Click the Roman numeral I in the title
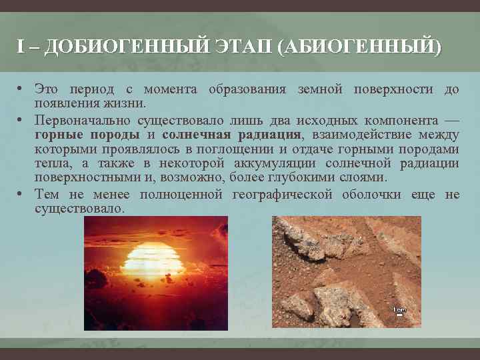[21, 49]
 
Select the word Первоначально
[83, 121]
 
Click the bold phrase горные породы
[87, 135]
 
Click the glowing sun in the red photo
[154, 259]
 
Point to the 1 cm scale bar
[399, 311]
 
